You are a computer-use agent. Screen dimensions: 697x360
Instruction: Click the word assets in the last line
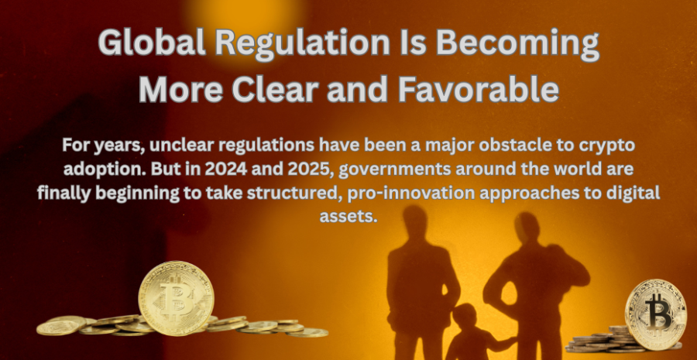click(348, 218)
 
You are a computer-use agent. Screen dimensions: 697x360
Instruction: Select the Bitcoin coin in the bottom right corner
click(656, 314)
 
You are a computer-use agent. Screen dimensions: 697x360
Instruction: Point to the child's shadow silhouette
click(473, 334)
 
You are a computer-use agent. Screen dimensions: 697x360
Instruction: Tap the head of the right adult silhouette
click(527, 229)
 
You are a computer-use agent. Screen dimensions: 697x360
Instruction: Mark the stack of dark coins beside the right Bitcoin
click(598, 340)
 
